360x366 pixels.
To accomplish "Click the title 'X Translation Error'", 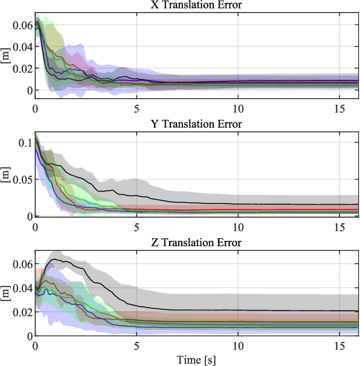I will (197, 6).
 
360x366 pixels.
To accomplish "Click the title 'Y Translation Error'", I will (197, 125).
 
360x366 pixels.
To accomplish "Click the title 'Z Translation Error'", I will (197, 243).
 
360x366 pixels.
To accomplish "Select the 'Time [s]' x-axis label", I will (197, 360).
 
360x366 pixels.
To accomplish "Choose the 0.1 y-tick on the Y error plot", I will (25, 143).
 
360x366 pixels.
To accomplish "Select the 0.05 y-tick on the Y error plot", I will (21, 179).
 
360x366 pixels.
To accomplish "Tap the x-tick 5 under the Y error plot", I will (137, 228).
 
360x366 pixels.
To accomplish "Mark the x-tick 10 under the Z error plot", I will (238, 347).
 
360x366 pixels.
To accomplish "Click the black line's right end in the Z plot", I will (358, 311).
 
